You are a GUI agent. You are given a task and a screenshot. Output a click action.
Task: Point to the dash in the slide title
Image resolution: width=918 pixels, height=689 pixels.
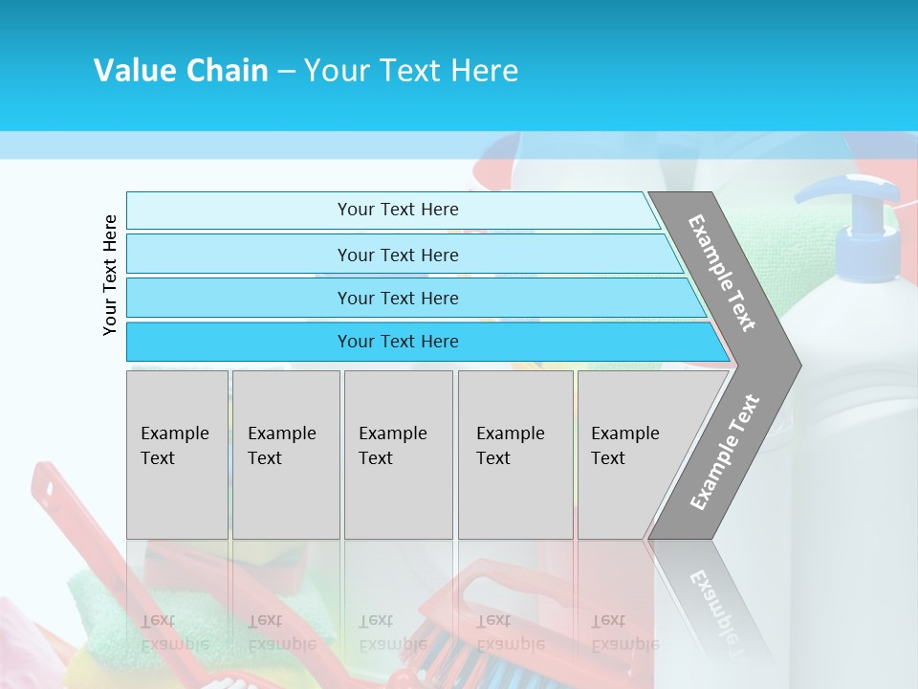[x=286, y=71]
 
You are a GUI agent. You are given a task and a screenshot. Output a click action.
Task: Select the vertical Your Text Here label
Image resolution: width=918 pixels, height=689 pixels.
[x=110, y=275]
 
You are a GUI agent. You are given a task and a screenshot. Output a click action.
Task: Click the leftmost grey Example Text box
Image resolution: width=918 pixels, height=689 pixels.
[x=177, y=455]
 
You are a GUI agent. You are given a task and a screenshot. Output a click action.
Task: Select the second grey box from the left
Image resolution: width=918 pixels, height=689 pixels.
[x=286, y=455]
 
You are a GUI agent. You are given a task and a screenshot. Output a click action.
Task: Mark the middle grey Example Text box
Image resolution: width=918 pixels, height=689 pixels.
[x=398, y=455]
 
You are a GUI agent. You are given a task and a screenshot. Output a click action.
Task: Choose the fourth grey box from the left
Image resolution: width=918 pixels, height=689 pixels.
[x=515, y=455]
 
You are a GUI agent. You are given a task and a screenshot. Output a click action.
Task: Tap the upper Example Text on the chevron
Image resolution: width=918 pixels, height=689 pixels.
[x=723, y=273]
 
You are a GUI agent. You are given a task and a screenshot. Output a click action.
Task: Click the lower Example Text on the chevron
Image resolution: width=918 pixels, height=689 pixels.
[x=724, y=453]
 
